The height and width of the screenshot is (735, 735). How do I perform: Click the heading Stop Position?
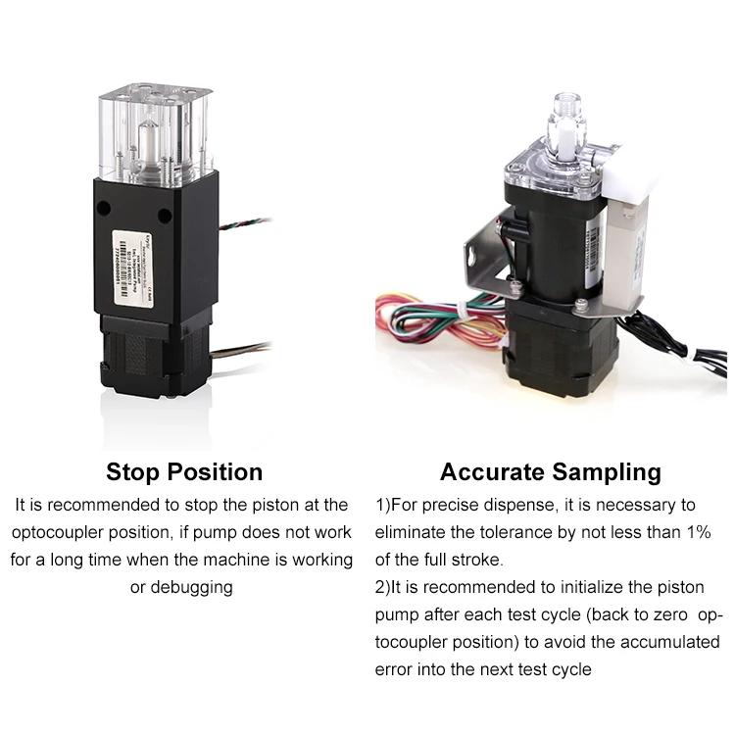tap(184, 471)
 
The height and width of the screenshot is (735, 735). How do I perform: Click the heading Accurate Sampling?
tap(550, 471)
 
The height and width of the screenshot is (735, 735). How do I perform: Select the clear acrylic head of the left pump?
tap(156, 134)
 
